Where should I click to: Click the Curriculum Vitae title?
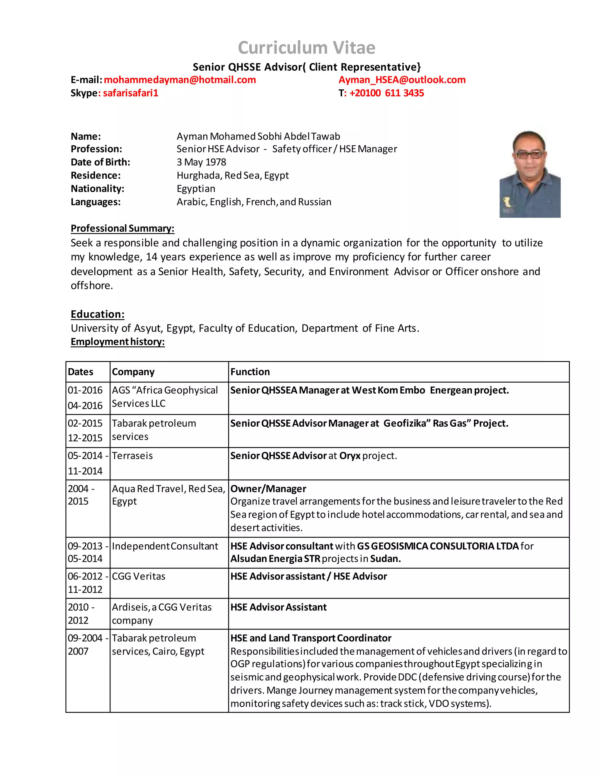pos(306,48)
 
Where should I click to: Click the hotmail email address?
pos(180,80)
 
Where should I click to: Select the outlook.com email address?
pos(402,80)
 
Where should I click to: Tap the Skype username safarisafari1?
pos(130,93)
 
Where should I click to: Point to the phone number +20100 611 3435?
pos(386,93)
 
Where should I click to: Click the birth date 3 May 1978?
pos(201,162)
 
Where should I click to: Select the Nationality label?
pos(97,189)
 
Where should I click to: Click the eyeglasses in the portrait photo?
pos(529,155)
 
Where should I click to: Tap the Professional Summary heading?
pos(122,228)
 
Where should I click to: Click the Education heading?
pos(97,314)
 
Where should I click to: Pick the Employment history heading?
pos(118,341)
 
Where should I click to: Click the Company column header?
pos(133,372)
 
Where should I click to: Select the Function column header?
pos(250,372)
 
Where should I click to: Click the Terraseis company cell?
pos(132,456)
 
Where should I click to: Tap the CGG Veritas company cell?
pos(139,576)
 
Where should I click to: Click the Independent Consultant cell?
pos(165,546)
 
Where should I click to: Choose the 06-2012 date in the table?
pos(85,576)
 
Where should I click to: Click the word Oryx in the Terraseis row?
pos(350,456)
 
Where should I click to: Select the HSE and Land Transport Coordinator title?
pos(311,638)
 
